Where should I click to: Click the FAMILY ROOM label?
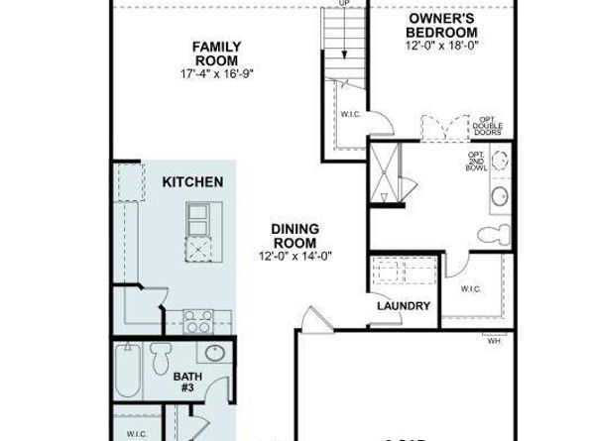[x=215, y=53]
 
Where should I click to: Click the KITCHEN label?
[x=192, y=182]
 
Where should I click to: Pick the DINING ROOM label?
[x=294, y=236]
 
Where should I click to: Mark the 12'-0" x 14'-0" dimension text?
[x=294, y=256]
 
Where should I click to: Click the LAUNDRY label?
[x=403, y=306]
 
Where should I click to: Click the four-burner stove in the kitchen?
[x=198, y=321]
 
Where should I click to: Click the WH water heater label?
[x=493, y=342]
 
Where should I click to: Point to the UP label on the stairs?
[x=344, y=3]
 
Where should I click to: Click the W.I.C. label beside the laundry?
[x=471, y=288]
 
